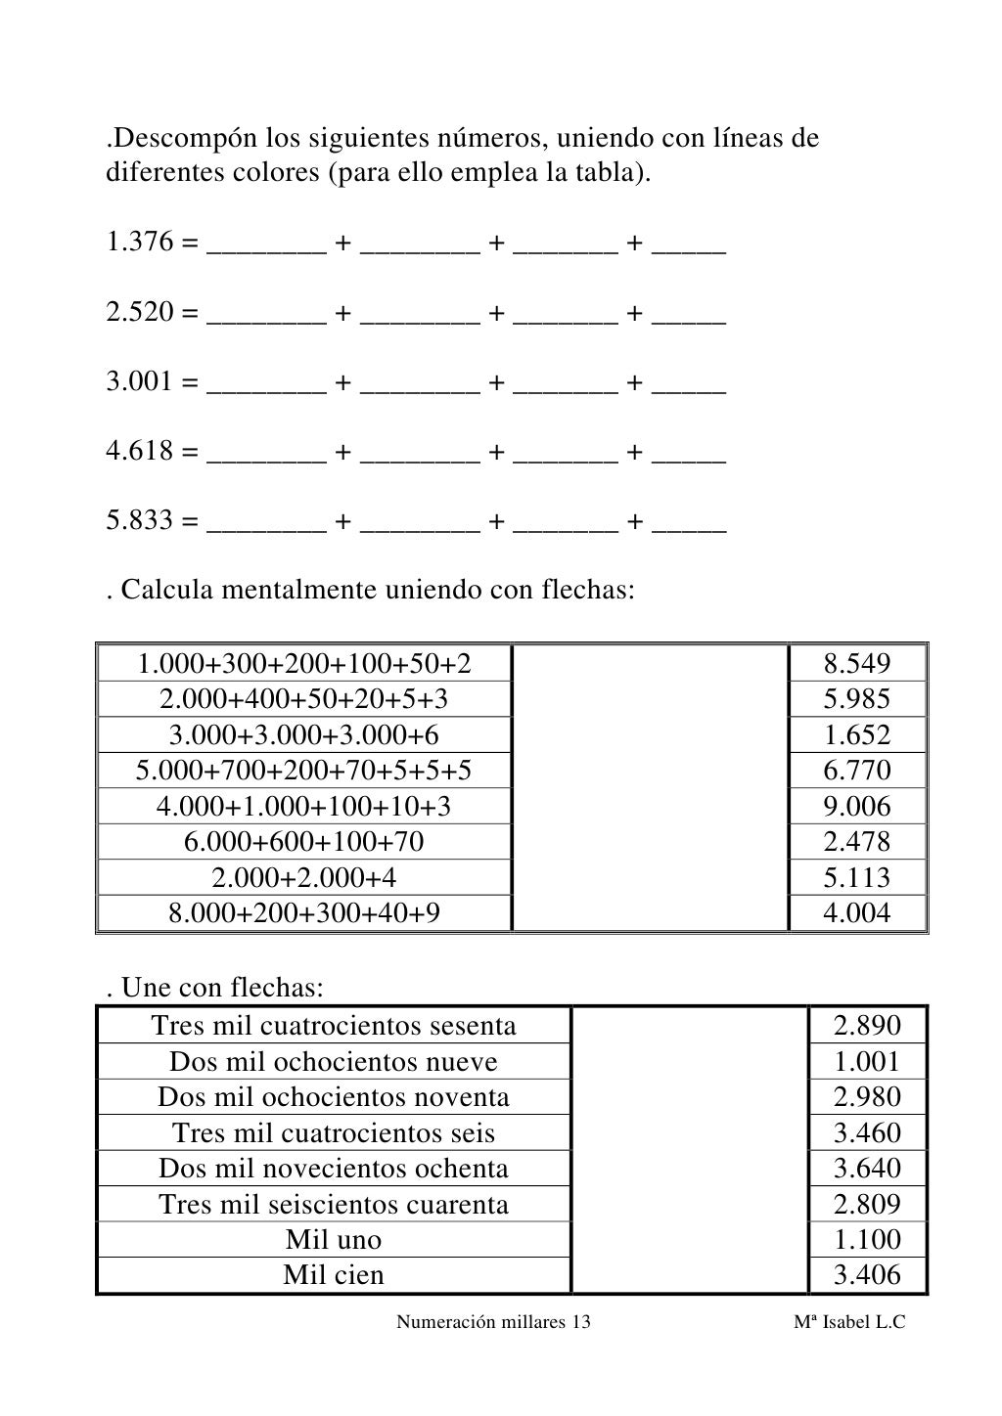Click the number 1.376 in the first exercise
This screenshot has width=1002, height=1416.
139,242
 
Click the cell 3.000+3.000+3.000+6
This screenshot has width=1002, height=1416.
304,734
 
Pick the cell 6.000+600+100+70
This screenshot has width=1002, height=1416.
304,841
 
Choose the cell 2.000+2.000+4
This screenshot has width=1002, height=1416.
304,877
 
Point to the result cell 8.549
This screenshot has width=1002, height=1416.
857,664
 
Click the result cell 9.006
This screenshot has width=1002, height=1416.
857,806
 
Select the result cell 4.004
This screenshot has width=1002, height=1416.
857,912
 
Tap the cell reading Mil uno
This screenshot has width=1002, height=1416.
334,1239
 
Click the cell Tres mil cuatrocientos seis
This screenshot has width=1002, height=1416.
334,1132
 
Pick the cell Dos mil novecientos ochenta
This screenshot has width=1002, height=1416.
334,1168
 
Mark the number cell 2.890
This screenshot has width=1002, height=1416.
867,1025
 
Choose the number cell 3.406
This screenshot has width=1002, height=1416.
867,1274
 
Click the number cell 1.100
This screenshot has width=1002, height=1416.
867,1239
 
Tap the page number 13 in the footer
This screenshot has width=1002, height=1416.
580,1322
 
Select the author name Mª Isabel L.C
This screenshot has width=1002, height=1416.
849,1322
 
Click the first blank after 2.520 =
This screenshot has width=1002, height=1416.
267,315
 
